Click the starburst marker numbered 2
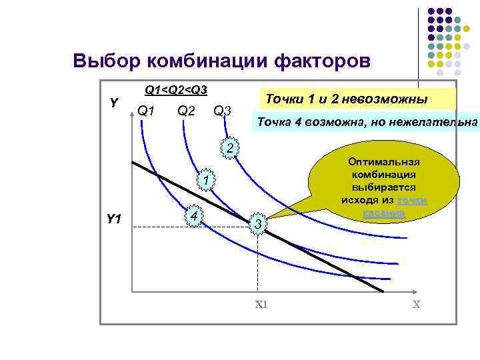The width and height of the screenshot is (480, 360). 229,147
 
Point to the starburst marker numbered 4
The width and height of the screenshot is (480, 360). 193,218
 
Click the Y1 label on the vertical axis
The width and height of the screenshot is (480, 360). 113,219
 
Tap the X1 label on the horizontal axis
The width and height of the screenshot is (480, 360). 261,304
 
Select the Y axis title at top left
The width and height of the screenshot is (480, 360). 114,103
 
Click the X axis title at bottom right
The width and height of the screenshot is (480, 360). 416,304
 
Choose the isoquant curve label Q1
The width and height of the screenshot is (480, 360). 146,110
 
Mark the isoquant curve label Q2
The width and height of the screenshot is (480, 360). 186,110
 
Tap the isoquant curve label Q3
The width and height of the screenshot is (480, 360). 222,110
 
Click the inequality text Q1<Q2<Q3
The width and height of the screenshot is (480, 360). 176,89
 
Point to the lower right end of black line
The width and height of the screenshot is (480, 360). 382,291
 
